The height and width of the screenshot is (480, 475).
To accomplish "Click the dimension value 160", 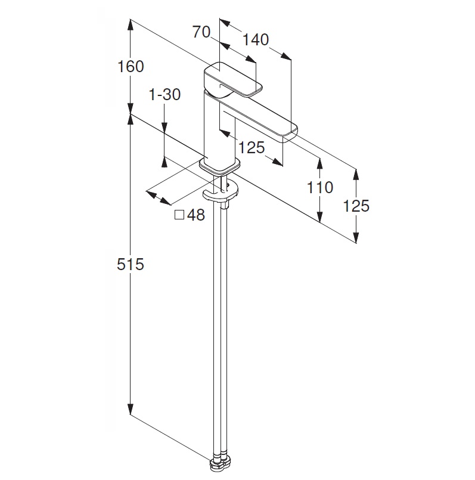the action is pyautogui.click(x=131, y=66).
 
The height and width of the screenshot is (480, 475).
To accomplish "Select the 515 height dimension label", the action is pyautogui.click(x=131, y=264).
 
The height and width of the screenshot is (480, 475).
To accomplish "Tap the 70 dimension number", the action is pyautogui.click(x=201, y=32).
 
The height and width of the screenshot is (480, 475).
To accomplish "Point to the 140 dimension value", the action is pyautogui.click(x=256, y=40).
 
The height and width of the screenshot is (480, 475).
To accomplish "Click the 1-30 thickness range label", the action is pyautogui.click(x=164, y=95).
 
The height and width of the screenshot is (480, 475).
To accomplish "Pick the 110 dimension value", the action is pyautogui.click(x=320, y=187).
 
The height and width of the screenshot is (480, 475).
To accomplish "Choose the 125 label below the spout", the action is pyautogui.click(x=252, y=147).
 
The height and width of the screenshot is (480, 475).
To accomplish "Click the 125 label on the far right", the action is pyautogui.click(x=356, y=206).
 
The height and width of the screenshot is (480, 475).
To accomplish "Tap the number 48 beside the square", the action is pyautogui.click(x=196, y=215).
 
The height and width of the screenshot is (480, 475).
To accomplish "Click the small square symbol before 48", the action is pyautogui.click(x=179, y=215).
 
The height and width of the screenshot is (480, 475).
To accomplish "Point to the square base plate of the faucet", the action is pyautogui.click(x=219, y=166).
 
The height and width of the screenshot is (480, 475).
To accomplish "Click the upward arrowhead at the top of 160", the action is pyautogui.click(x=131, y=24).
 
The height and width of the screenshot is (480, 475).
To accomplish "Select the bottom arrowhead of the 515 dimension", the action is pyautogui.click(x=131, y=409).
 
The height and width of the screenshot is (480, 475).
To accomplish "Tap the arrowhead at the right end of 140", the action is pyautogui.click(x=285, y=56).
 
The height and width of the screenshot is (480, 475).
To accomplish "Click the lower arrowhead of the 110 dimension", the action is pyautogui.click(x=320, y=216).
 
